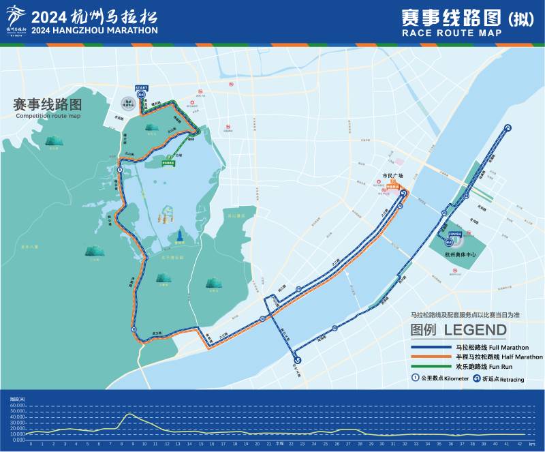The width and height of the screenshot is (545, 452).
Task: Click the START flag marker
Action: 141,89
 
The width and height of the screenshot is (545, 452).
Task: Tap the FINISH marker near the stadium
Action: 455,233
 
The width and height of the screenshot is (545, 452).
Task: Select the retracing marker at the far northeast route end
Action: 508,128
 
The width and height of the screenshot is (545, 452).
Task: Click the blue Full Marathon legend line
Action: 431,348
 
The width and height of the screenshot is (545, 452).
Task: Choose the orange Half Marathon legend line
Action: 431,357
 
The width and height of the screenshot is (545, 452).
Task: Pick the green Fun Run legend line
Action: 431,366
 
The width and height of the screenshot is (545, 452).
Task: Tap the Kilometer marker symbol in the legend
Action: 415,378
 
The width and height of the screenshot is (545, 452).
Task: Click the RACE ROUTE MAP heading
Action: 452,33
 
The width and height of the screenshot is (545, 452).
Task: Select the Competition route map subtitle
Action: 48,117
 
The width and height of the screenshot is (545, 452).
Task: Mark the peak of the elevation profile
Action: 129,414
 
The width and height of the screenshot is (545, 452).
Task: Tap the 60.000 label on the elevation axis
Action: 16,406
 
